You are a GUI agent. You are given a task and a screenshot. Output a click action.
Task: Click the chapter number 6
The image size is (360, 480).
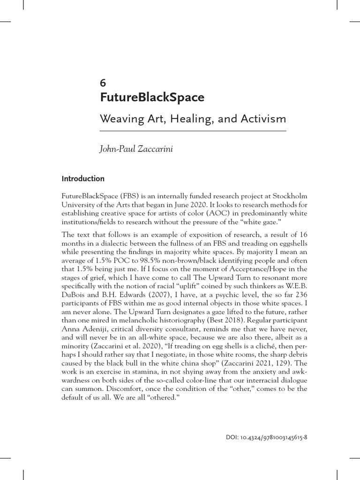[103, 83]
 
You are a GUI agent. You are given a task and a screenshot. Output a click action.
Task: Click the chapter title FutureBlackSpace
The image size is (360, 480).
[152, 97]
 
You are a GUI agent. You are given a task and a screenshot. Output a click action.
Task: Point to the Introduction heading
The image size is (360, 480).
[83, 179]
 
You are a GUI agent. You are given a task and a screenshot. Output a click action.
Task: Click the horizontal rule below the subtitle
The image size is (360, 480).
[193, 131]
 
